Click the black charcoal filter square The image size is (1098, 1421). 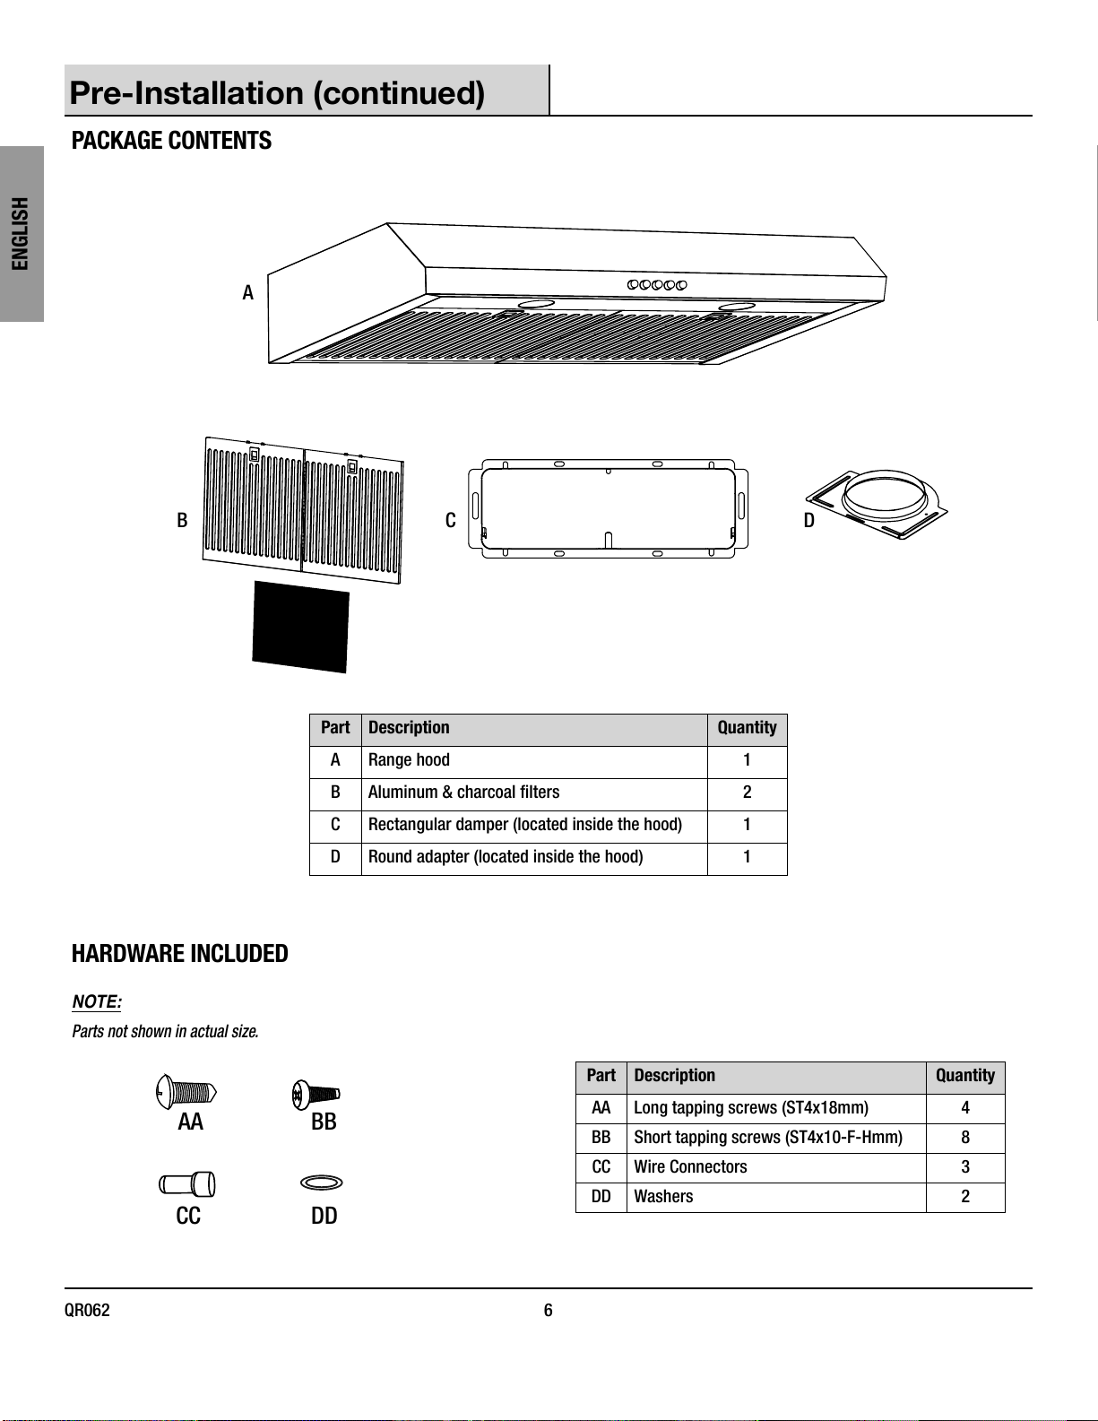300,626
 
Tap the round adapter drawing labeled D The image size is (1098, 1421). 878,504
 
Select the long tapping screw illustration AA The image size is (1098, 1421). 186,1092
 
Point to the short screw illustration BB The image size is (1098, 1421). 316,1094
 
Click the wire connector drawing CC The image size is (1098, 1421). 187,1184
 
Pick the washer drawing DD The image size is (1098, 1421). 321,1183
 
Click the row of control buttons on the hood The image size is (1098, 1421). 657,284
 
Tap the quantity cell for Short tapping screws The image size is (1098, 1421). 964,1138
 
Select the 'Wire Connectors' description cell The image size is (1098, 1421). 775,1167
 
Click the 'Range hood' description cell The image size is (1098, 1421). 534,760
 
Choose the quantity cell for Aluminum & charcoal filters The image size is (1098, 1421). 747,793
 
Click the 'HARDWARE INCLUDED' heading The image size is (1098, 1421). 180,954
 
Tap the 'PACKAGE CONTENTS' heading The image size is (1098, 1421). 171,141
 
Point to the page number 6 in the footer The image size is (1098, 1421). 549,1311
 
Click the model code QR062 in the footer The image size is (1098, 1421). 87,1311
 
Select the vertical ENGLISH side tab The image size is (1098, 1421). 21,234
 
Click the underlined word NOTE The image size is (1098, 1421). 96,1001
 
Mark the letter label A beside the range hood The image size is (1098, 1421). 248,293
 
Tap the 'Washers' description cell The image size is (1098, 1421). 775,1197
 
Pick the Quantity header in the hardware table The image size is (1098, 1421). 964,1076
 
